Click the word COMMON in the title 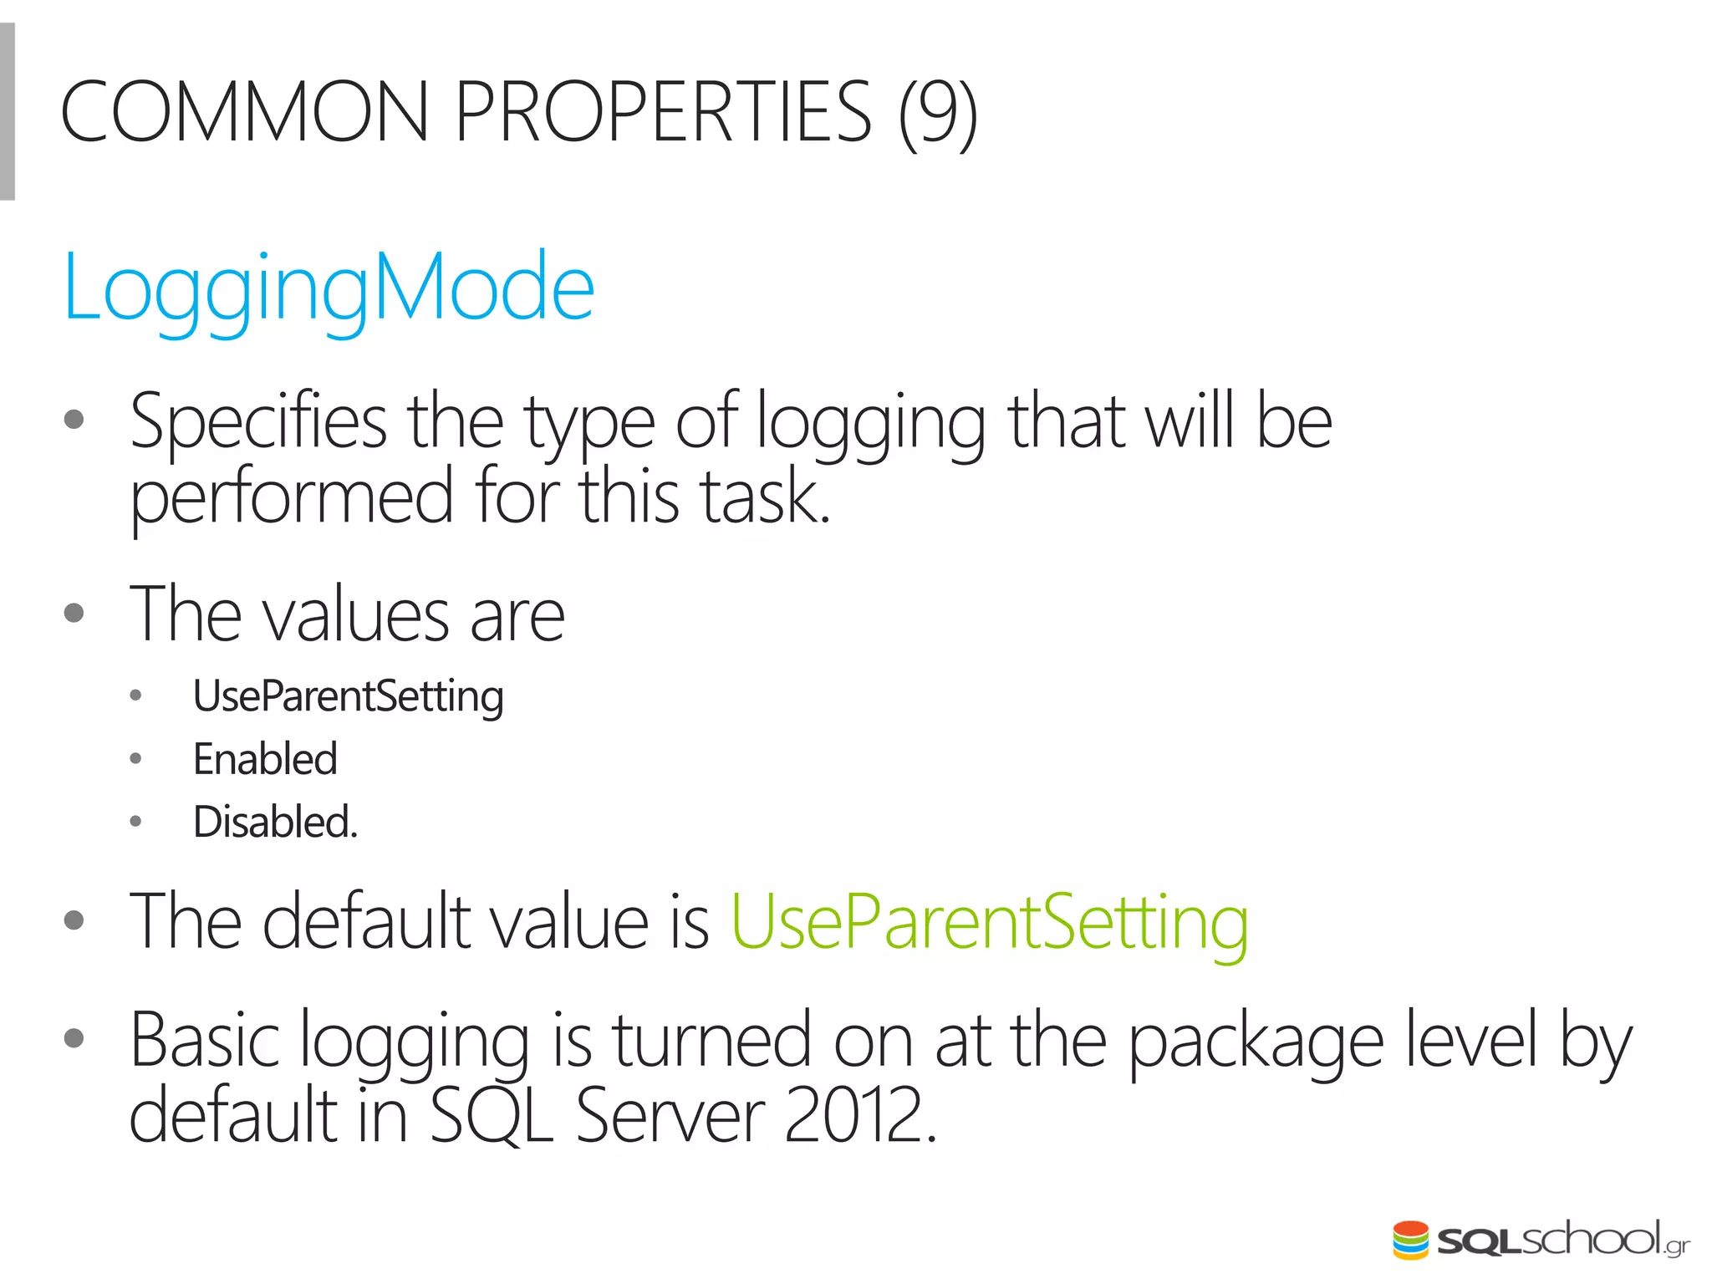point(244,112)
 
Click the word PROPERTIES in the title point(663,112)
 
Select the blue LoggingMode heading point(329,288)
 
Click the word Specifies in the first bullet point(258,422)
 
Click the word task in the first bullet point(764,497)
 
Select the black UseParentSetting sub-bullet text point(348,696)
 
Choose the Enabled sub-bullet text point(265,759)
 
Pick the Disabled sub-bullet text point(275,822)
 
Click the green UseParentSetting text point(990,923)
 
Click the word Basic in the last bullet point(205,1041)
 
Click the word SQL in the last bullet point(492,1116)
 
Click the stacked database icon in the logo point(1411,1240)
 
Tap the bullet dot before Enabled point(136,759)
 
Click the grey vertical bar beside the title point(8,112)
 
